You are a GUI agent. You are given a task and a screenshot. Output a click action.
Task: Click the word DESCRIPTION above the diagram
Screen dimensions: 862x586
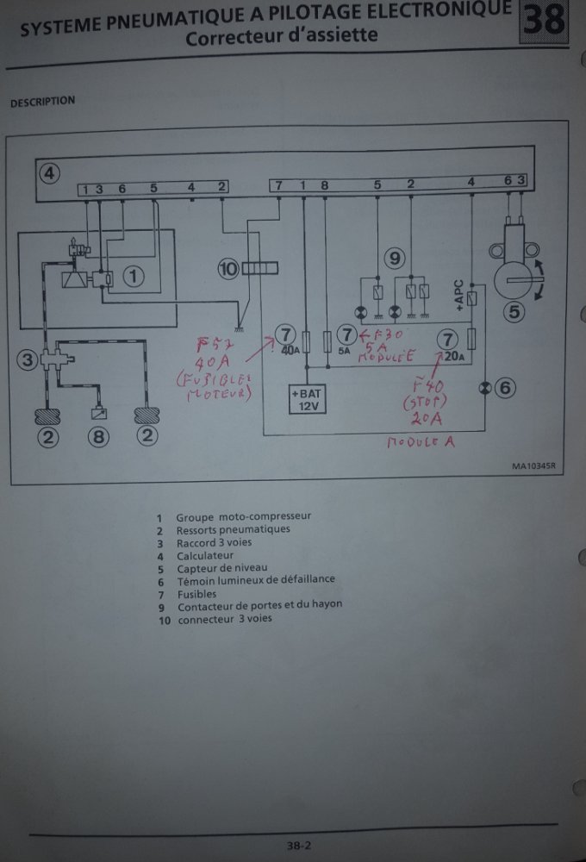42,102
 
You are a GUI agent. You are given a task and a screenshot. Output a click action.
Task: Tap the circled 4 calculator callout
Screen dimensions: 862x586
50,172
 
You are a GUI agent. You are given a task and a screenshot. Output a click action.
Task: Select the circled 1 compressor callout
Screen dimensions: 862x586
133,277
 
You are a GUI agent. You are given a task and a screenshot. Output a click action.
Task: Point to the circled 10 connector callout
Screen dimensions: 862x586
228,270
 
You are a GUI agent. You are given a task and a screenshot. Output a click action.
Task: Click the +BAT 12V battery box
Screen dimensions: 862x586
306,399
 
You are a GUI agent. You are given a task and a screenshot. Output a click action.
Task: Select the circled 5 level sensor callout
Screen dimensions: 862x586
514,312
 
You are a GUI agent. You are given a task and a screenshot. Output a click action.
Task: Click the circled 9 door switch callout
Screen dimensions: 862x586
395,257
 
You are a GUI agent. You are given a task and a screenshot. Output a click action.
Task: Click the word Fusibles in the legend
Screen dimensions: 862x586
196,593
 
